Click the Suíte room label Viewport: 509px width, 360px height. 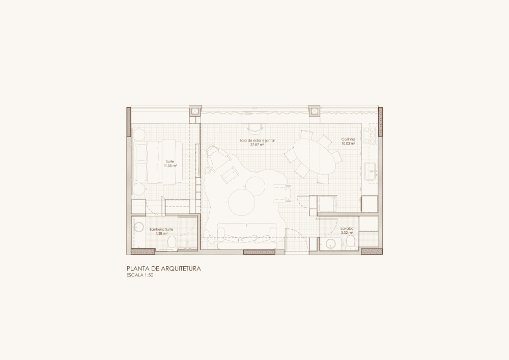pos(170,161)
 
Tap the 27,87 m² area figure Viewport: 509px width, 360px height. pos(257,145)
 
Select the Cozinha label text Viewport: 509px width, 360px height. pos(348,139)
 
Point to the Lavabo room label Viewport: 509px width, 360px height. pos(347,228)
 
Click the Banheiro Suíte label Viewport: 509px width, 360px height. pos(161,229)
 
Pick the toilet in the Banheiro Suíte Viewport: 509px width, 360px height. pos(172,243)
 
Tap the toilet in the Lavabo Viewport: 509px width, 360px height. pos(350,242)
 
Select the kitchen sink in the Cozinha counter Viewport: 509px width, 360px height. pos(371,172)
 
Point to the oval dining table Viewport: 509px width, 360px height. pos(315,157)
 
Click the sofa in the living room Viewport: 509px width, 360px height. pos(247,236)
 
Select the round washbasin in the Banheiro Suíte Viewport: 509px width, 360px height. pos(138,227)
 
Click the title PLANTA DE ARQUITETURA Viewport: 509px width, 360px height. pos(163,269)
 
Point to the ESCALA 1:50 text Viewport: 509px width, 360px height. pos(139,275)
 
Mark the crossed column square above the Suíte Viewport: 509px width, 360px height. pos(195,112)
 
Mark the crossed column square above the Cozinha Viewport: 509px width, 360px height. pos(314,112)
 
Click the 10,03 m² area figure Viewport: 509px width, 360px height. pos(348,143)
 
